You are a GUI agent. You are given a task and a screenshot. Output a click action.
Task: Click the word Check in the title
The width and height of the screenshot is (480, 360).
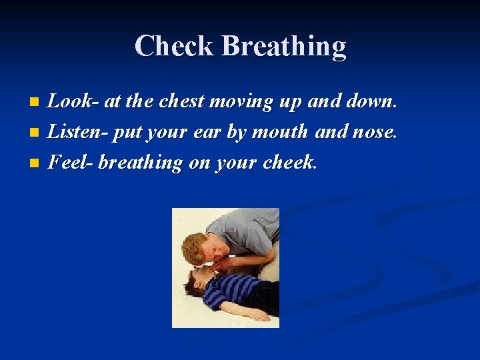175,47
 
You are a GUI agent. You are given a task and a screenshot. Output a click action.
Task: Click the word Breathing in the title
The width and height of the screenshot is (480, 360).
284,47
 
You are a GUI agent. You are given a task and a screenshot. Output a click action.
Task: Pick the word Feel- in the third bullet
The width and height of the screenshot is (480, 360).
71,162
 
